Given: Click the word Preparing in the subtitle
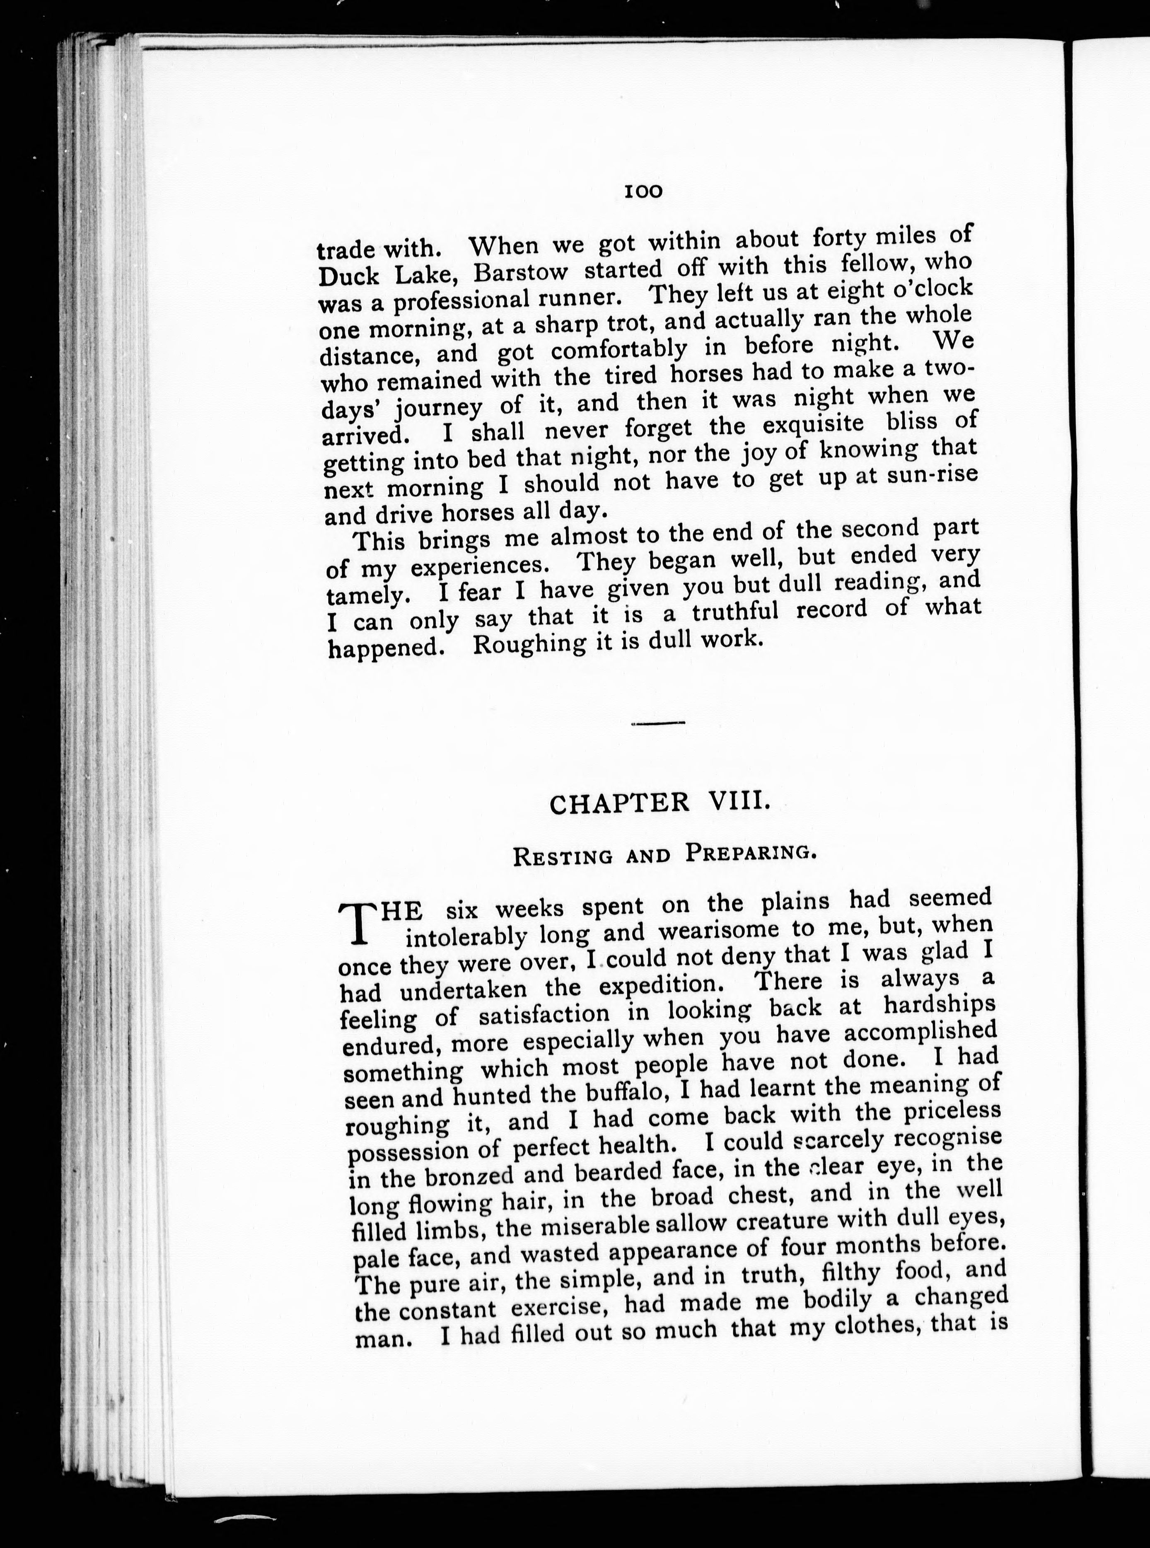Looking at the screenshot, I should point(750,852).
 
